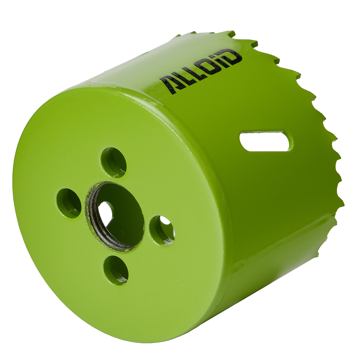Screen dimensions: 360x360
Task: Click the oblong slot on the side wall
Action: coord(266,141)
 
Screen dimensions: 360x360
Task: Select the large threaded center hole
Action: coord(115,216)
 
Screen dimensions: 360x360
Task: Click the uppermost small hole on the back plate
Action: coord(113,162)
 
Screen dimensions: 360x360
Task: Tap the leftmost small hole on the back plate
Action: coord(69,203)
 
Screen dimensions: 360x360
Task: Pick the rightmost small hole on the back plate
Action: coord(162,230)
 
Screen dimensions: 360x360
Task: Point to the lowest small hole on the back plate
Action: coord(116,270)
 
